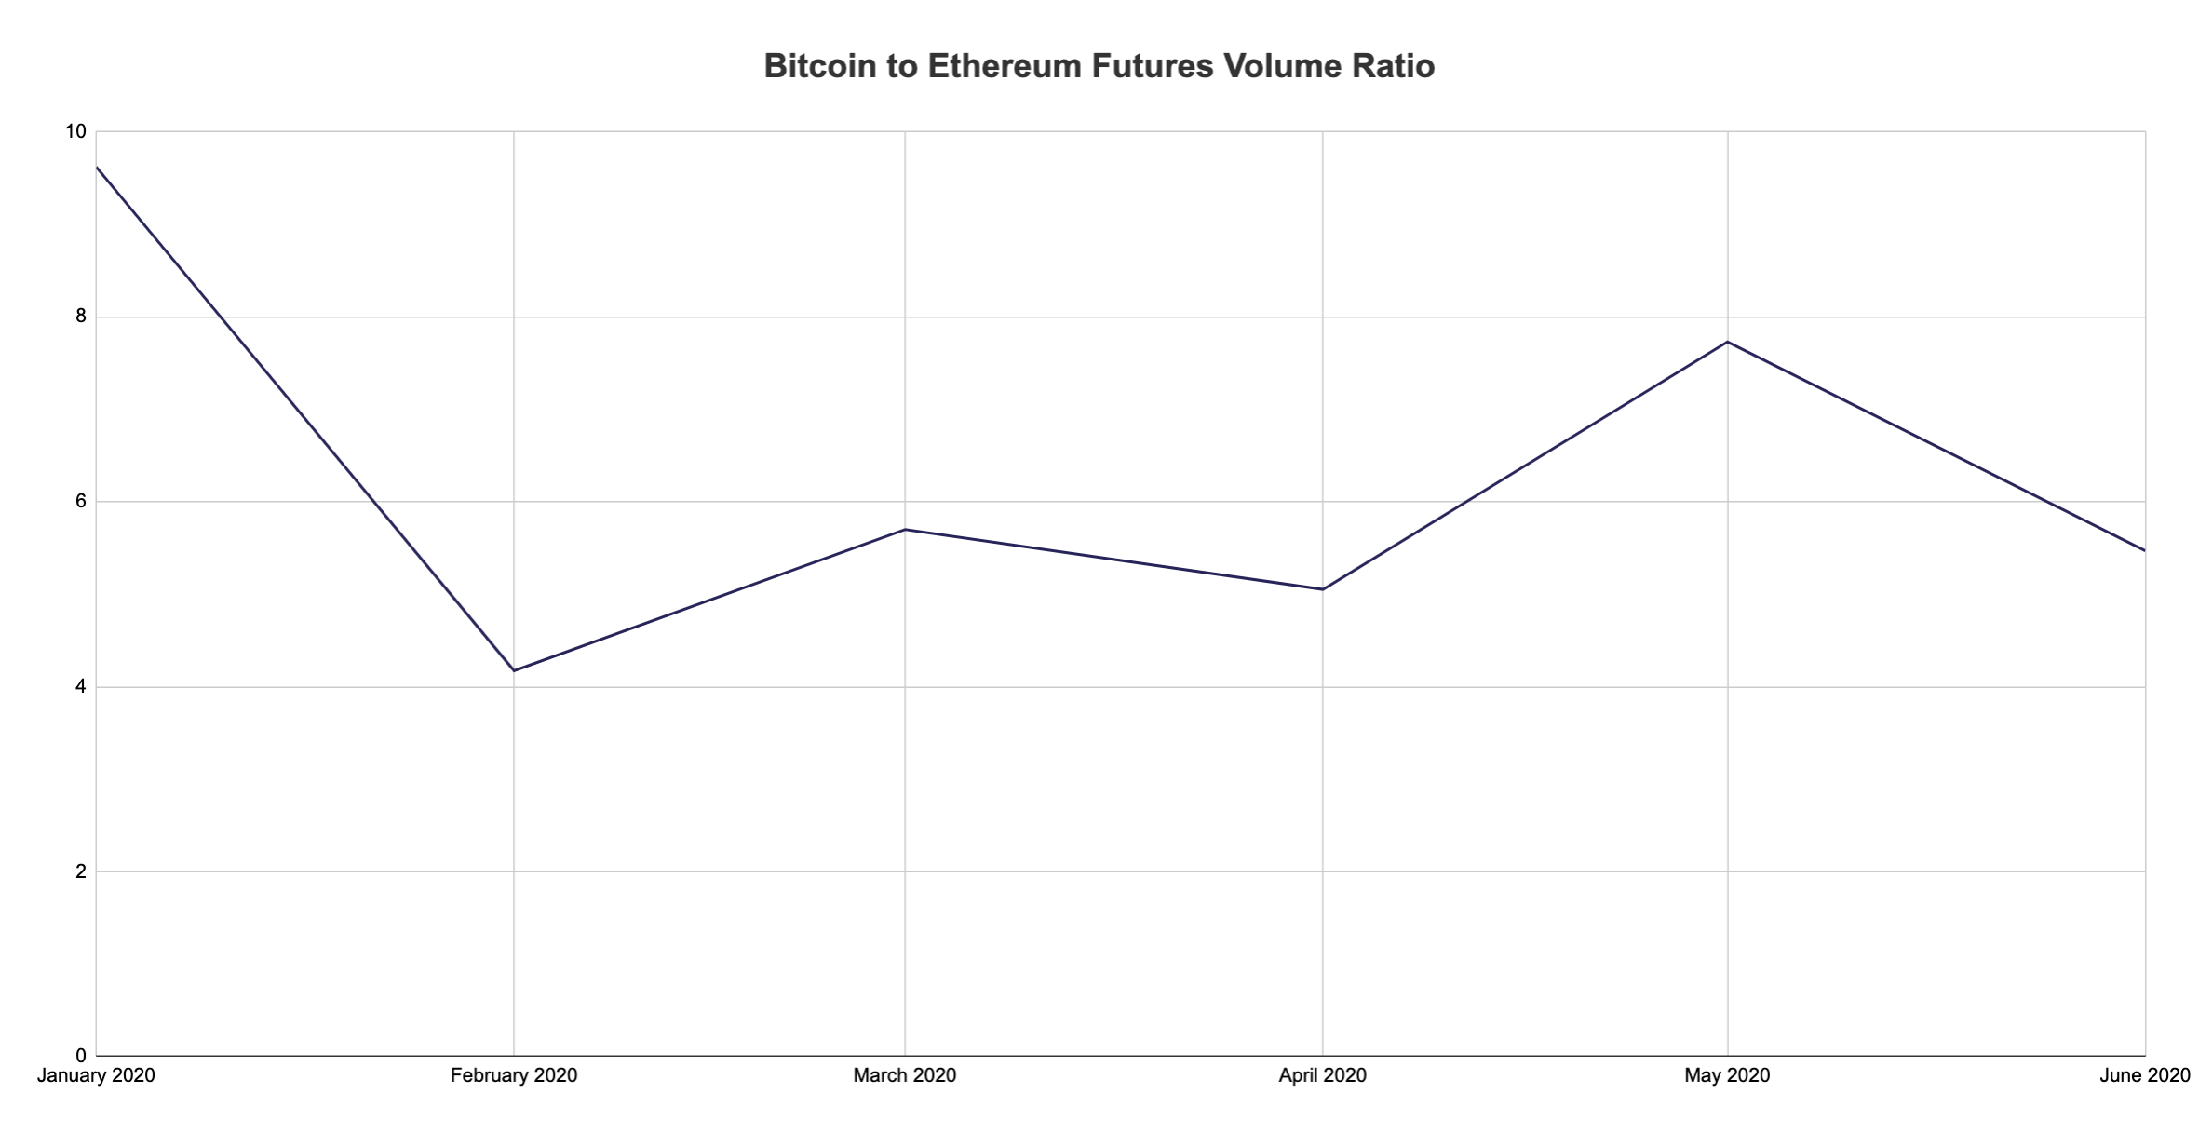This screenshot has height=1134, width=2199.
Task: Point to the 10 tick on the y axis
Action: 74,132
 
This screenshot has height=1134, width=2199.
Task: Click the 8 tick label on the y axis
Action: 80,317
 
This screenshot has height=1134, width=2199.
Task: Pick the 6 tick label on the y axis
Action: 80,502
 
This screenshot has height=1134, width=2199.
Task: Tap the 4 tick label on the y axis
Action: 80,687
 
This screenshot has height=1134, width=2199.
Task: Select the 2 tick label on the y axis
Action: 80,872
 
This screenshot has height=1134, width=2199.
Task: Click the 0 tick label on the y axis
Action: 80,1056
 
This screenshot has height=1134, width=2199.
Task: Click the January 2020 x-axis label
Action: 96,1076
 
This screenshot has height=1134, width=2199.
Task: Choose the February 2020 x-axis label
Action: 514,1076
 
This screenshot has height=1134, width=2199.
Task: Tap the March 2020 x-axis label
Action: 905,1076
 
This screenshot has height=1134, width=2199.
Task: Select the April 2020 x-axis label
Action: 1322,1076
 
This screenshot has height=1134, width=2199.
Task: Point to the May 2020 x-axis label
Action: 1727,1076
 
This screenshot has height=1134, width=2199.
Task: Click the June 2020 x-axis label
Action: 2145,1076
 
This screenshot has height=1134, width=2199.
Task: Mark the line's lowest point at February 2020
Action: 514,670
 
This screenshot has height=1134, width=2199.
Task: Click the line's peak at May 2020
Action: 1728,342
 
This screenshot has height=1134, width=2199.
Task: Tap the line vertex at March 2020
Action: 905,530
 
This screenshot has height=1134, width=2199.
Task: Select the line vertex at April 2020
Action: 1322,589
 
